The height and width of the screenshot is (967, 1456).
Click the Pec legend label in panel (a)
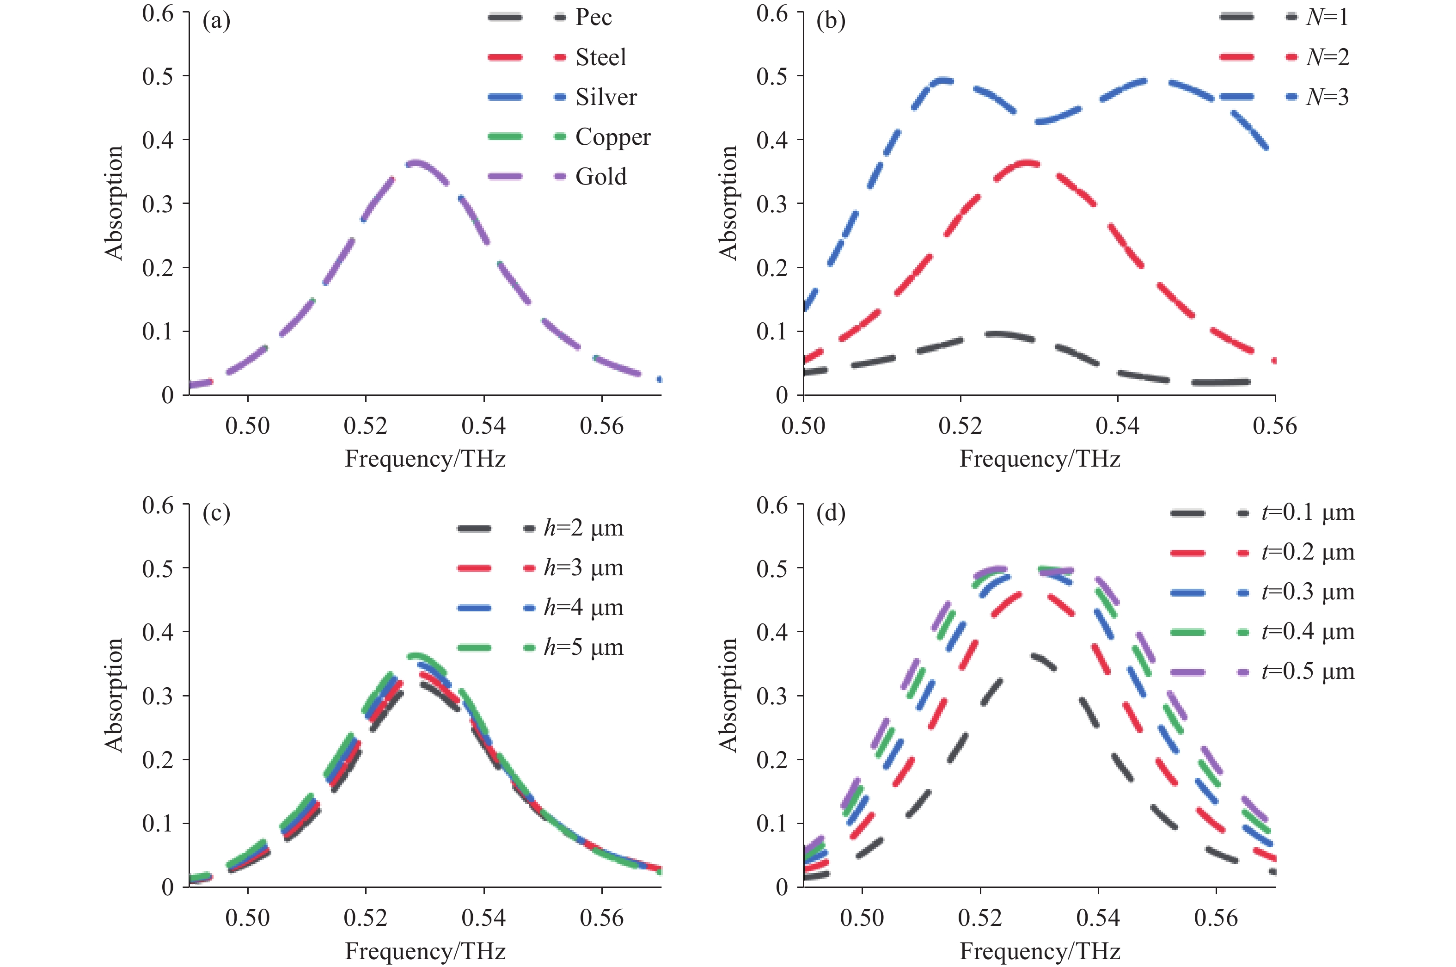[593, 17]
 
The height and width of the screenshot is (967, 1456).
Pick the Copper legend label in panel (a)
[613, 137]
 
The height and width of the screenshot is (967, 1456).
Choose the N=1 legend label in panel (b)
[1327, 17]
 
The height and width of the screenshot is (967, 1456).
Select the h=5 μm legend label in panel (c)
[583, 647]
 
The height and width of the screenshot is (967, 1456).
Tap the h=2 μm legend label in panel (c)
[583, 528]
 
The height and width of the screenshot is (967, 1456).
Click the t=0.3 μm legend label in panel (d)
[1308, 592]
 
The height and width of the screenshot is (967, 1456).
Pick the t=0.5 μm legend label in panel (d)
[1308, 671]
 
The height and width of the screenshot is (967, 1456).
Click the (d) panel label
[831, 513]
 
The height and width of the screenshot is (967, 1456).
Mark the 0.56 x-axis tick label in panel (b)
[1275, 426]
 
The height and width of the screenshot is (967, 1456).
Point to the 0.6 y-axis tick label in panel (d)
[772, 506]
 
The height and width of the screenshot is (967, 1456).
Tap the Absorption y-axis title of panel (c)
[115, 695]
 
